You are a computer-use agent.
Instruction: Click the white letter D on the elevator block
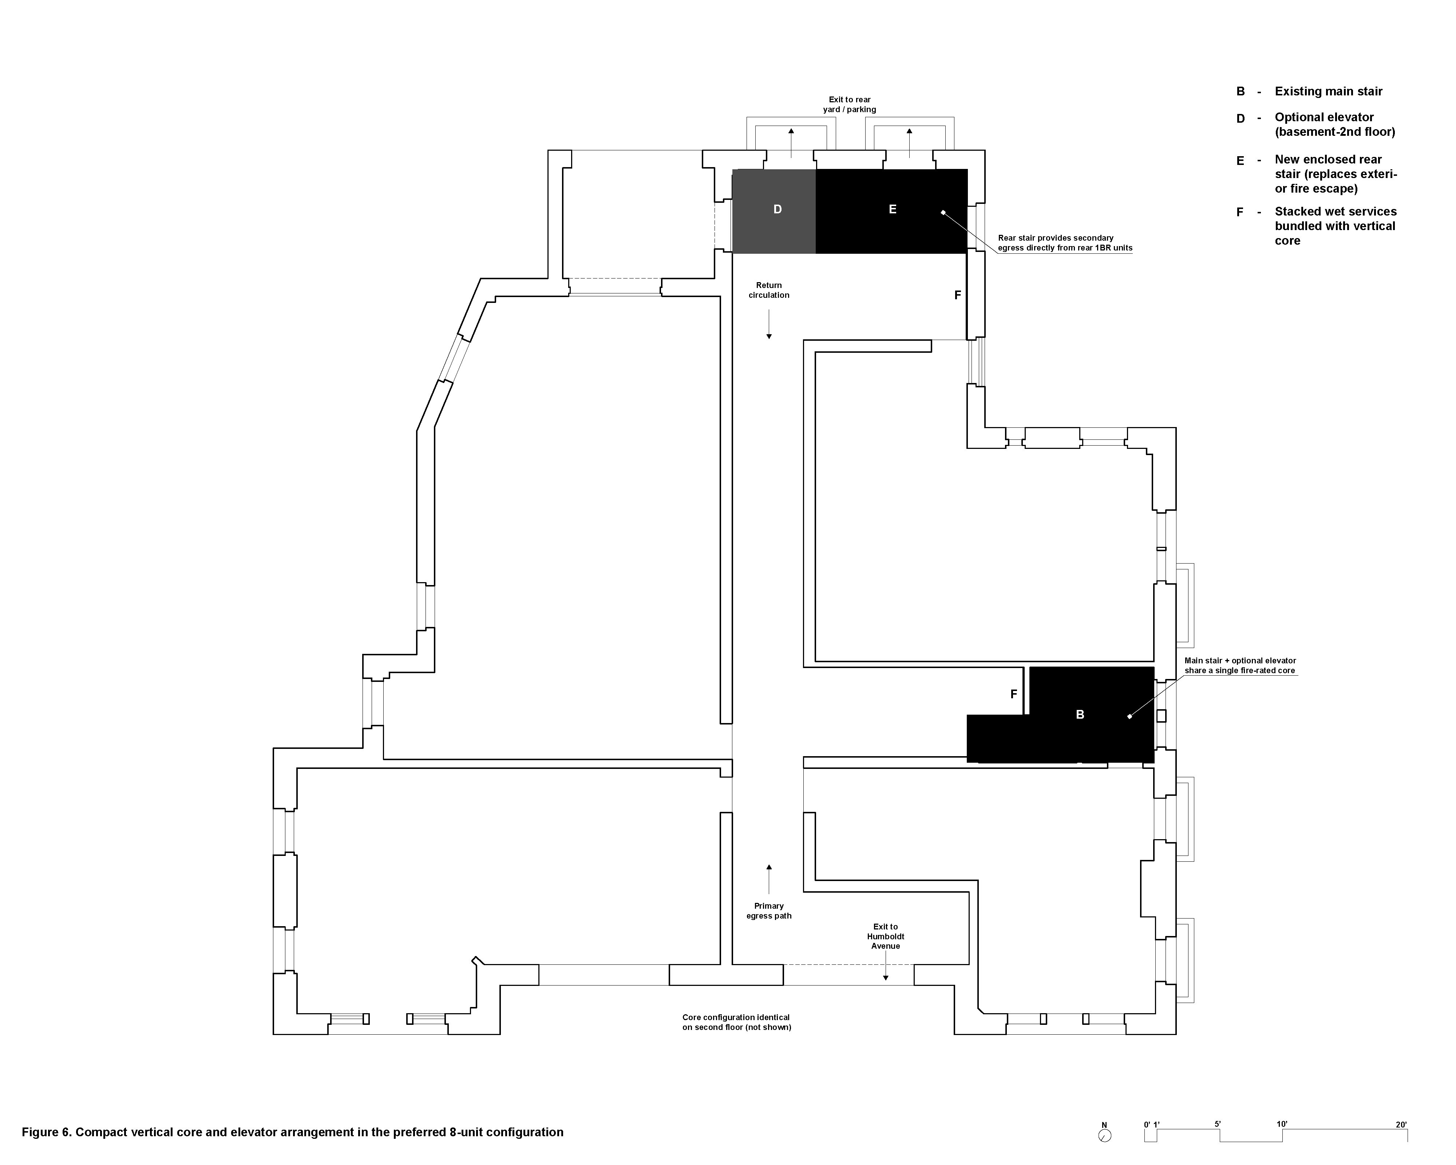click(777, 209)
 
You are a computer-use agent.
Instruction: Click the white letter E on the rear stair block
click(892, 209)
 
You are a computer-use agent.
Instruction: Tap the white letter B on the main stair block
click(1080, 715)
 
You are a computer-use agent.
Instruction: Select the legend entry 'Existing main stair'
click(1328, 91)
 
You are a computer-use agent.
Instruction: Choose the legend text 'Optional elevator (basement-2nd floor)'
click(1334, 124)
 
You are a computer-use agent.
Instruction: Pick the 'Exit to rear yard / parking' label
click(850, 105)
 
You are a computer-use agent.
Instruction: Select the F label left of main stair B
click(1014, 694)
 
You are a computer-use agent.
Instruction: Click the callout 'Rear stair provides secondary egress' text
click(1065, 243)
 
